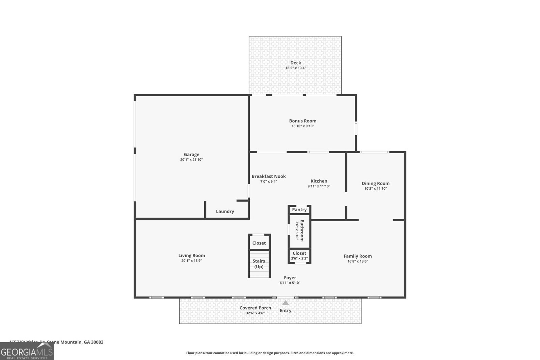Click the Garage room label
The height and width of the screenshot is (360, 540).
[191, 155]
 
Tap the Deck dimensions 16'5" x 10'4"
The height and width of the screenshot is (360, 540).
[296, 68]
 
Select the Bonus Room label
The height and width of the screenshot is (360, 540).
[302, 121]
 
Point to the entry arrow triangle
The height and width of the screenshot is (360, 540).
[286, 303]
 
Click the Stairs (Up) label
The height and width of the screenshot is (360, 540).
[259, 264]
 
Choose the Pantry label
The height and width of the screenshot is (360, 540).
[299, 210]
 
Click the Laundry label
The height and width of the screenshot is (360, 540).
[225, 212]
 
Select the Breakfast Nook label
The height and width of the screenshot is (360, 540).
[269, 176]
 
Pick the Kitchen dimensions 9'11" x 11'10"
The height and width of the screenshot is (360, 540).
[319, 186]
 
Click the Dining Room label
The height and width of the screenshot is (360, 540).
[375, 183]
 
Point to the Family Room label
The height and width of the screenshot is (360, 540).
[357, 256]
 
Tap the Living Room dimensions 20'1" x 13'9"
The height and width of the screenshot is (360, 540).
[191, 261]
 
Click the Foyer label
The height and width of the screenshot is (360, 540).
[290, 278]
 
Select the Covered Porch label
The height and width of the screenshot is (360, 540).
[255, 308]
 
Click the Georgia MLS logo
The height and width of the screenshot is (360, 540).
[27, 351]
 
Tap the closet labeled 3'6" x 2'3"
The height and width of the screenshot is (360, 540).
[299, 256]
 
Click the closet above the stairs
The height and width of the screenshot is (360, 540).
[259, 243]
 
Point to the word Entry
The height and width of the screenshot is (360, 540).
[286, 311]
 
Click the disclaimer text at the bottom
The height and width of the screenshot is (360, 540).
[270, 353]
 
